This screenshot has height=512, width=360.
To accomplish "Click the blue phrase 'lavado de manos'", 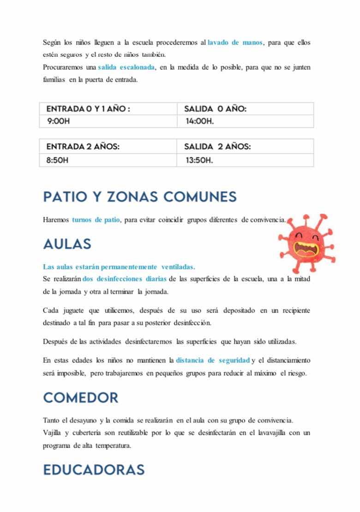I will [235, 42].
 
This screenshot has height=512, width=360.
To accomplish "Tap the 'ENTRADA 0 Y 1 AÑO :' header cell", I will [88, 109].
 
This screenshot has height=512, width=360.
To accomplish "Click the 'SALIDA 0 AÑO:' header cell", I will [215, 109].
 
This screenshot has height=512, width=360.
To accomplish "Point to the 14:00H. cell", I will [200, 121].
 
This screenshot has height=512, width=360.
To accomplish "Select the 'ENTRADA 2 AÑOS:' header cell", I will [83, 146].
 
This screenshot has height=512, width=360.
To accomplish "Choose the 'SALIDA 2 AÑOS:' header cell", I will [217, 146].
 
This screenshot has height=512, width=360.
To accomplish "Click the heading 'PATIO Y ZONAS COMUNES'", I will [140, 197].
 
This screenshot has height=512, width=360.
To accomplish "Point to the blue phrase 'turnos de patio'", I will [96, 220].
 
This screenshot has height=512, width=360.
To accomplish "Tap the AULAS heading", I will [67, 244].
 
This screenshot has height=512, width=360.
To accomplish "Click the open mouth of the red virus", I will [306, 250].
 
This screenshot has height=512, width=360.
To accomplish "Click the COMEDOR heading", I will [80, 398].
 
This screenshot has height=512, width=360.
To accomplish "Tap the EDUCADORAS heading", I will [94, 470].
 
